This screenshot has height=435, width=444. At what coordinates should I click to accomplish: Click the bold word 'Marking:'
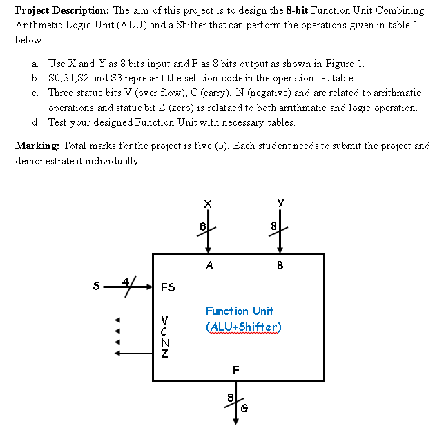(x=36, y=146)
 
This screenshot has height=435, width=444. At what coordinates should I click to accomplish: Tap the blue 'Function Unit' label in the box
(x=240, y=311)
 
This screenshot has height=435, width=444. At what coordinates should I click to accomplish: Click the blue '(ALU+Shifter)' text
(x=244, y=327)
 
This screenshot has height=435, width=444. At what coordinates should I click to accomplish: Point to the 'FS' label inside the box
(x=168, y=287)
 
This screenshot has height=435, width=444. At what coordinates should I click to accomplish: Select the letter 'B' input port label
(x=280, y=264)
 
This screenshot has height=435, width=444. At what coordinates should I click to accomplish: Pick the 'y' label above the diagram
(x=280, y=202)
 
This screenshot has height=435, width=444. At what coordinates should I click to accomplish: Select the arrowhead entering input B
(x=280, y=249)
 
